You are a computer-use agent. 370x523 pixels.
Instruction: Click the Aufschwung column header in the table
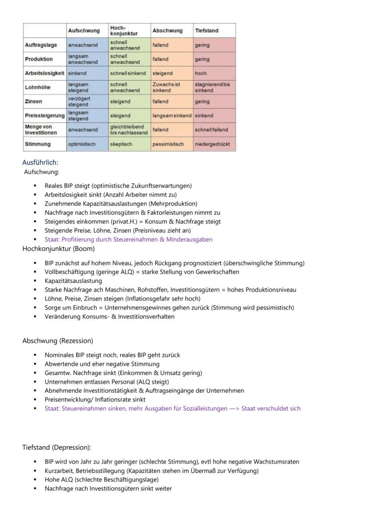click(84, 30)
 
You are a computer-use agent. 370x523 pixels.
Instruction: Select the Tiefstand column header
click(206, 30)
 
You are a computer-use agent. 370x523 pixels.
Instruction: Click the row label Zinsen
click(33, 101)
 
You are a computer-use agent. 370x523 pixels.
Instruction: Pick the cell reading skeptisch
click(121, 144)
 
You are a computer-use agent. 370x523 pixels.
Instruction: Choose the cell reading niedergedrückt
click(212, 144)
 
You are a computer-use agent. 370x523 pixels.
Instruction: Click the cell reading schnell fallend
click(211, 130)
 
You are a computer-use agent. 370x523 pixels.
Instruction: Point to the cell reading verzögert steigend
click(79, 101)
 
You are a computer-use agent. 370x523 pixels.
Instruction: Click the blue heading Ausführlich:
click(40, 163)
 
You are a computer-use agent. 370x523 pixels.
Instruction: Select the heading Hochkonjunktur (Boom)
click(59, 249)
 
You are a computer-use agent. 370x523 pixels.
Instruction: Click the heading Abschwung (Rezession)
click(58, 341)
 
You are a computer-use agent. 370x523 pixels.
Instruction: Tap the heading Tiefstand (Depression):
click(57, 448)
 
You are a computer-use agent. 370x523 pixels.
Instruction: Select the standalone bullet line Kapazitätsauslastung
click(73, 281)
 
